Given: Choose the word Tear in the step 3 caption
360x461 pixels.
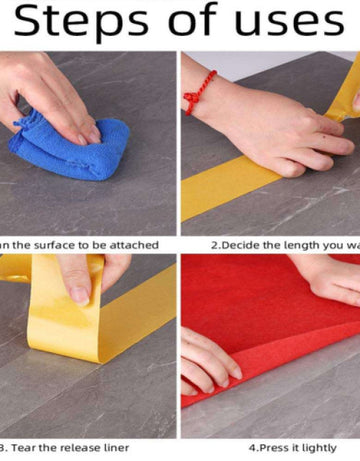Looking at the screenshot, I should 29,448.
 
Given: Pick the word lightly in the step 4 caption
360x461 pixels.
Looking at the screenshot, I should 320,448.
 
